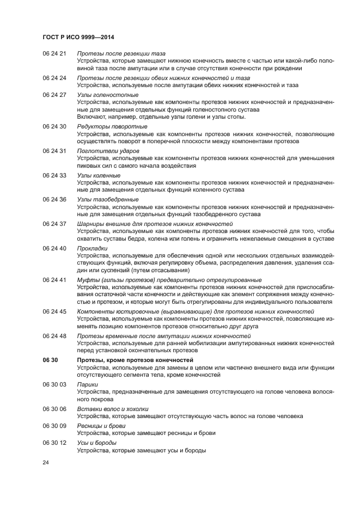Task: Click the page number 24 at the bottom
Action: [46, 462]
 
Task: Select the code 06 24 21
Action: [54, 54]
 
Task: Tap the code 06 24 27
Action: [54, 95]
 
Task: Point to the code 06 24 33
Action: [54, 175]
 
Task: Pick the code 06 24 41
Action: [54, 280]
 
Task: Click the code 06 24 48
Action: [54, 336]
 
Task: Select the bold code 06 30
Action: [50, 360]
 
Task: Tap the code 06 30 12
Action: [54, 443]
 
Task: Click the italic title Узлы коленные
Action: [99, 175]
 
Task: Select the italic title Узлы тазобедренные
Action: [108, 199]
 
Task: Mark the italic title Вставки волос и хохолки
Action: [113, 409]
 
